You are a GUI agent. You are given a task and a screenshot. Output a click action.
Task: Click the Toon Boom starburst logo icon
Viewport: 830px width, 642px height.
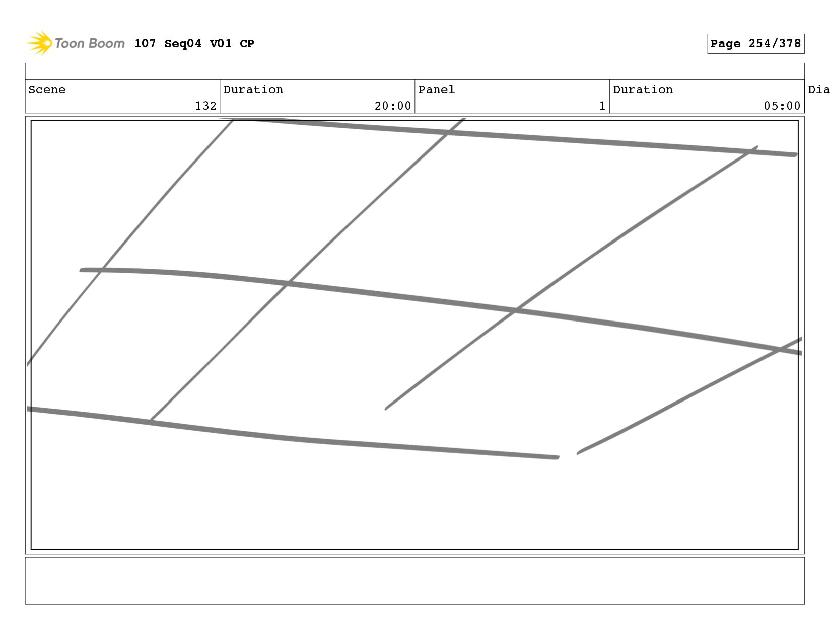(x=40, y=43)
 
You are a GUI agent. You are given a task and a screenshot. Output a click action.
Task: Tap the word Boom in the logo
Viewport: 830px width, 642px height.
(x=107, y=43)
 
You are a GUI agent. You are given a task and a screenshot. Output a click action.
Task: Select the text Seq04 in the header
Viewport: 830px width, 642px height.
(x=182, y=44)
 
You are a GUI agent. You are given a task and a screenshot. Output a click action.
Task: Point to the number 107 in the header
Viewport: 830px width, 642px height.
(x=145, y=44)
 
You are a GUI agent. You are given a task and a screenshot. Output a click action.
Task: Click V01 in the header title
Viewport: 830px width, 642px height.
(x=221, y=44)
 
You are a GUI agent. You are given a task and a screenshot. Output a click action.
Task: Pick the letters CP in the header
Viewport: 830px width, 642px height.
(x=247, y=44)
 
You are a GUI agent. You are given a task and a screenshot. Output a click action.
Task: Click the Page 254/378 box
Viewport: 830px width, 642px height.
(x=755, y=44)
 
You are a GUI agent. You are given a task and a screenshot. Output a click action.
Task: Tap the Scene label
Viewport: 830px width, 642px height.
(x=47, y=90)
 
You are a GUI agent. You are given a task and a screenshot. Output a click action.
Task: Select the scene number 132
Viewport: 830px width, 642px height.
(x=205, y=106)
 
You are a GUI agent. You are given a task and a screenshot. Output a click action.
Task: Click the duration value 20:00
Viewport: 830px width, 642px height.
(x=393, y=106)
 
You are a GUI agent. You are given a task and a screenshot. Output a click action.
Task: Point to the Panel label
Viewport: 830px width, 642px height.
(x=436, y=90)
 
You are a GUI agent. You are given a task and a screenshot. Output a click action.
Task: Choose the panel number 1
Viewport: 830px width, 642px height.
(x=602, y=106)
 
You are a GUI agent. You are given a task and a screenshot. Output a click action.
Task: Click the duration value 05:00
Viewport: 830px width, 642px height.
(x=782, y=106)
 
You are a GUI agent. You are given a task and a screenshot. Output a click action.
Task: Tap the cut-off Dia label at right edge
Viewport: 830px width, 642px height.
(x=818, y=90)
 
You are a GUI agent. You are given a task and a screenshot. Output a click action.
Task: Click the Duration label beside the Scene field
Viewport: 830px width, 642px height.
(x=253, y=90)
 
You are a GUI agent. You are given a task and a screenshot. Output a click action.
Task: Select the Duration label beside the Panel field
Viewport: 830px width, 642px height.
(x=643, y=90)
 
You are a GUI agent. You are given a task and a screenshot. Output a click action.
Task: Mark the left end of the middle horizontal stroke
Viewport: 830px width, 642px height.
(x=82, y=270)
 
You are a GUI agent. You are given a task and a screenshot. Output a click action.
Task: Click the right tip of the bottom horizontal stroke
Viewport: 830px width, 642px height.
(x=557, y=457)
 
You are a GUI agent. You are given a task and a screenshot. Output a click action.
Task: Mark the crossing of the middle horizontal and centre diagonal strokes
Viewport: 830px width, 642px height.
(x=288, y=284)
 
